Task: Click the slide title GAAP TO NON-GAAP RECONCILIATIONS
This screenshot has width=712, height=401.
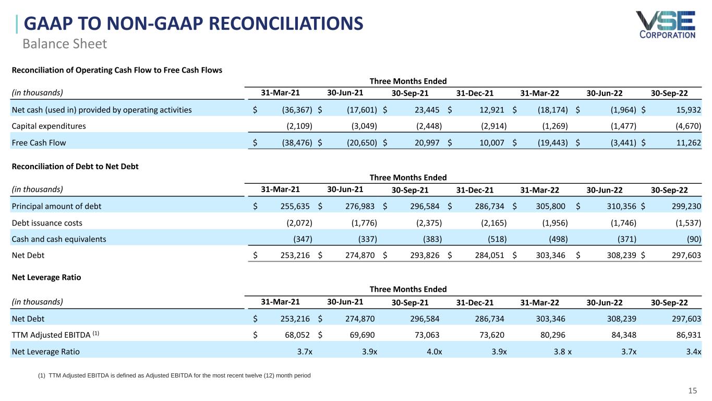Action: click(194, 24)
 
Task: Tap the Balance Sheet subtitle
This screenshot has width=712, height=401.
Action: click(64, 44)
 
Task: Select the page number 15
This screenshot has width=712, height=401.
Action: click(693, 391)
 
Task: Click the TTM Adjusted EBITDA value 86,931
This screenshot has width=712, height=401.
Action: click(686, 335)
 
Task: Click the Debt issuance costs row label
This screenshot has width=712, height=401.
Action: click(47, 223)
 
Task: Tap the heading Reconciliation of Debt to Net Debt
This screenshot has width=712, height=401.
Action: click(75, 167)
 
